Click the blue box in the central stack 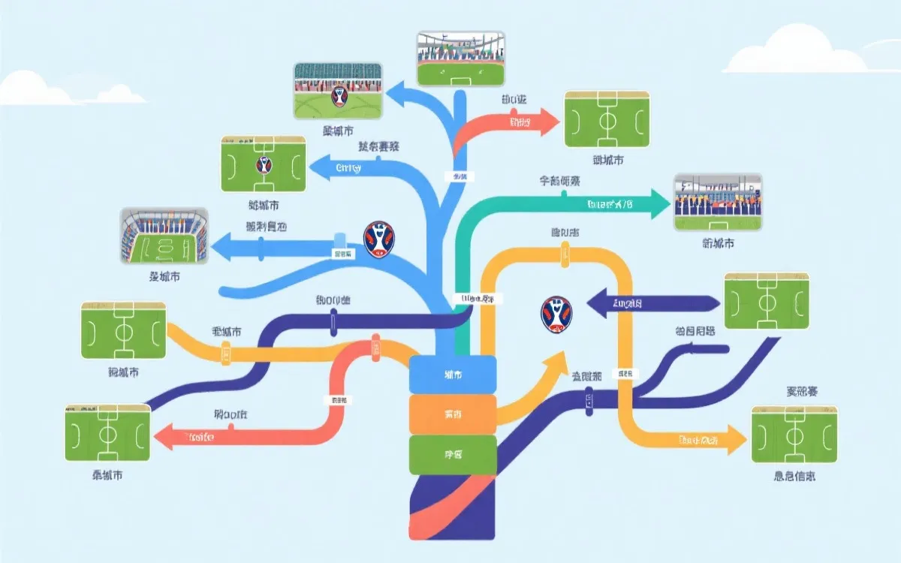click(x=453, y=374)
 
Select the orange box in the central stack click(x=453, y=414)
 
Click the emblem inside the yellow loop click(x=556, y=314)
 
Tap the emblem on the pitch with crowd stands click(x=339, y=95)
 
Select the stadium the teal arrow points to click(x=718, y=203)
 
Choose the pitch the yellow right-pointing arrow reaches click(x=794, y=435)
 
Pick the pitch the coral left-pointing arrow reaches click(x=107, y=432)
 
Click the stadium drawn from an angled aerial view click(x=164, y=236)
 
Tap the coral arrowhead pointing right click(x=547, y=121)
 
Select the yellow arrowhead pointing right click(x=732, y=440)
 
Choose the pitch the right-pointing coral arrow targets click(x=606, y=120)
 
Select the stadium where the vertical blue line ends click(x=461, y=58)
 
